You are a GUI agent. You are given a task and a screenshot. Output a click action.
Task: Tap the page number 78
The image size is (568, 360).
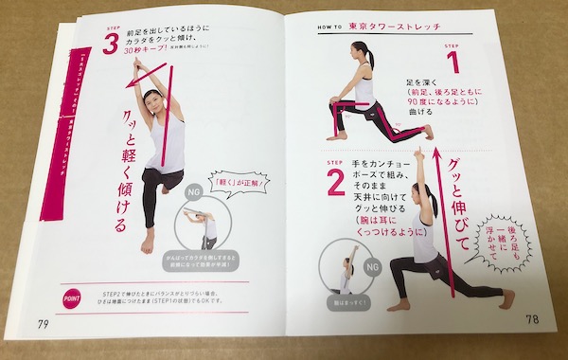pyautogui.click(x=532, y=319)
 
